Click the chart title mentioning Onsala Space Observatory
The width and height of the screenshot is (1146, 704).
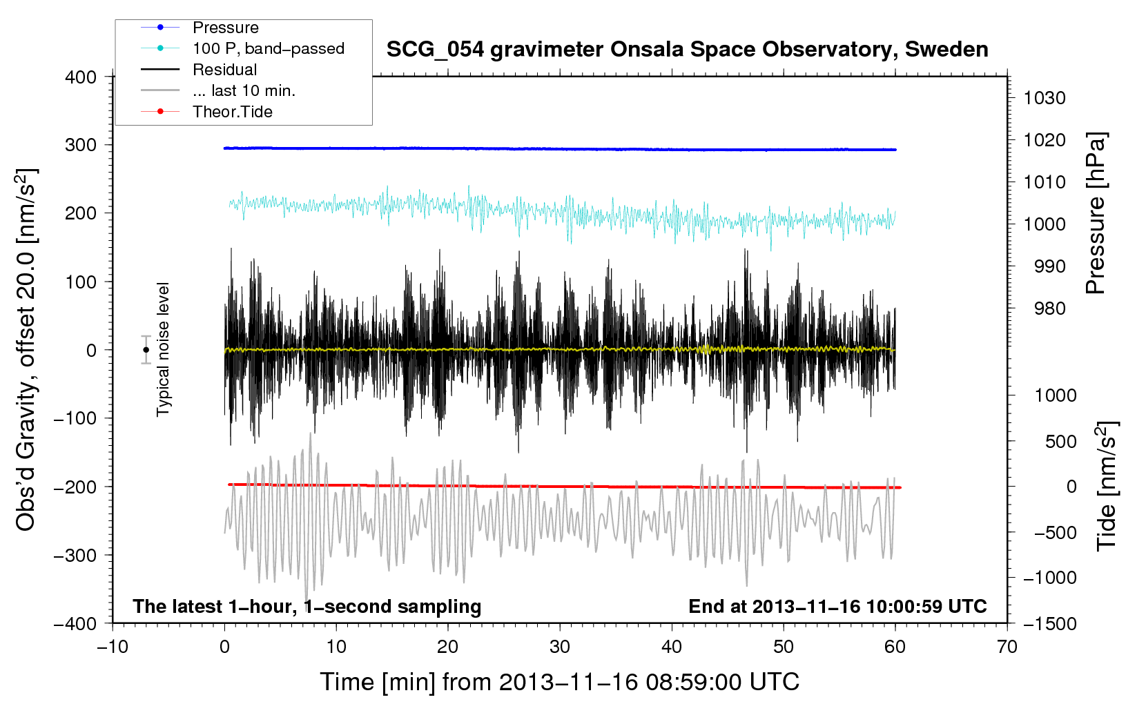[687, 50]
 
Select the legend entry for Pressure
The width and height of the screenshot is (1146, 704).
[226, 28]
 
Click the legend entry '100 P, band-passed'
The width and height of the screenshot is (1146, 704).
[268, 48]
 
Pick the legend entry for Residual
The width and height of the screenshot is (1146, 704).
[224, 70]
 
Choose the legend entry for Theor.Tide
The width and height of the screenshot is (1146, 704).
[232, 112]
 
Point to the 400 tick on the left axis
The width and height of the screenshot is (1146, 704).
[81, 77]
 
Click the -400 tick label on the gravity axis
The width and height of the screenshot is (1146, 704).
[75, 623]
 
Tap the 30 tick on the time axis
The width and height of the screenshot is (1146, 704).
[560, 647]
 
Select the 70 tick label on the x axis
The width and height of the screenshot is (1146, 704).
[1007, 647]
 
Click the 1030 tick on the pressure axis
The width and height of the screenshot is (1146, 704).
[1045, 98]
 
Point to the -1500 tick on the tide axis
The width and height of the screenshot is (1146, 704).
[1049, 623]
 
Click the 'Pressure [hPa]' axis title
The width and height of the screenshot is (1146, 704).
[1096, 213]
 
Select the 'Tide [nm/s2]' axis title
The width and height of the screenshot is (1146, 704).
[1107, 486]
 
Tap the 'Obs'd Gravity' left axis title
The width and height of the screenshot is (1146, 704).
[26, 350]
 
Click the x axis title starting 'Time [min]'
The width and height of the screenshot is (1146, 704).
[559, 682]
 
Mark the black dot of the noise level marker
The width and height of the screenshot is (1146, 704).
[146, 350]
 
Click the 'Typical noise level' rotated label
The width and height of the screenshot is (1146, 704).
[163, 349]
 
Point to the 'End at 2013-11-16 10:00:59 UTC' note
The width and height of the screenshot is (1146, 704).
[837, 606]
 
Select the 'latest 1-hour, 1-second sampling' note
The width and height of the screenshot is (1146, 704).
[307, 606]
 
